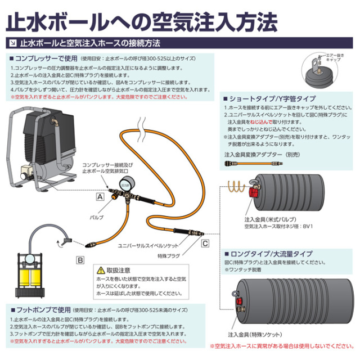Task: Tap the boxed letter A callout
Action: pyautogui.click(x=100, y=197)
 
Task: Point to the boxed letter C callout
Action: pyautogui.click(x=205, y=243)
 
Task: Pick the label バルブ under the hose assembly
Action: pyautogui.click(x=96, y=216)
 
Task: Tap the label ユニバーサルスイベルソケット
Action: pyautogui.click(x=148, y=246)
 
